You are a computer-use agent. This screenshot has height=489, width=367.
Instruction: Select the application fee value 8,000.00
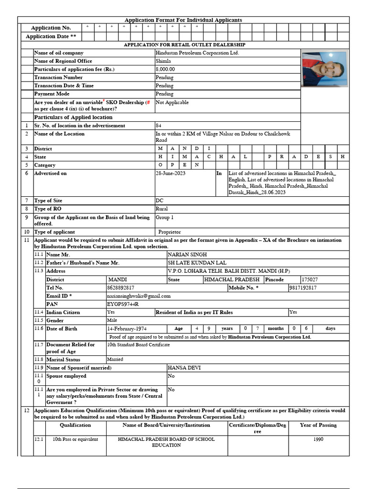[x=165, y=69]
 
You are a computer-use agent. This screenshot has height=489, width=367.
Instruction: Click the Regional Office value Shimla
[x=163, y=61]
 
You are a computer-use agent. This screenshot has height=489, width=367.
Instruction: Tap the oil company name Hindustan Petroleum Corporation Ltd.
[x=197, y=53]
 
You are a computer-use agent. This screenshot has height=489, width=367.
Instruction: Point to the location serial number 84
[x=158, y=126]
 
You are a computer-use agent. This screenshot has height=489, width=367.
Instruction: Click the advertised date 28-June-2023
[x=171, y=173]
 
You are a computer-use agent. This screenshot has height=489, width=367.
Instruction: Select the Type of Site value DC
[x=159, y=201]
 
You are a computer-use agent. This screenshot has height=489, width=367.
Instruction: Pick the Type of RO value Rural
[x=162, y=209]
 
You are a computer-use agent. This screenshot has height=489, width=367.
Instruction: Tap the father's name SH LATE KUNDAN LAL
[x=197, y=263]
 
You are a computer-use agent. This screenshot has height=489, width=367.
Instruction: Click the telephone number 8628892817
[x=120, y=288]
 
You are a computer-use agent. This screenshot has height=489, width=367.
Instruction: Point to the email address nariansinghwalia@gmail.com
[x=139, y=296]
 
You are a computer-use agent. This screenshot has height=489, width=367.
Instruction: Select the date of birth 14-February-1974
[x=127, y=329]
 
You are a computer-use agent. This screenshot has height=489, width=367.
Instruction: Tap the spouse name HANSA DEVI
[x=182, y=368]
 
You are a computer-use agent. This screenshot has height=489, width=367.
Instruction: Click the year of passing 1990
[x=318, y=439]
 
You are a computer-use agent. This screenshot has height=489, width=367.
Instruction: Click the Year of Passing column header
[x=318, y=425]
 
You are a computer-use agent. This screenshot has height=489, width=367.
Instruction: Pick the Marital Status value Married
[x=115, y=359]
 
